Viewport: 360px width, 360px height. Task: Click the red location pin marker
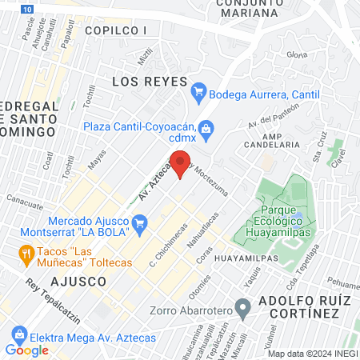[182, 163]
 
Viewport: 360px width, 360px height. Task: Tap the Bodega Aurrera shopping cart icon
[200, 94]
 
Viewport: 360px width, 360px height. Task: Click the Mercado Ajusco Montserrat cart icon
[140, 221]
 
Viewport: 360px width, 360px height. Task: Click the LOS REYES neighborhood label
[149, 82]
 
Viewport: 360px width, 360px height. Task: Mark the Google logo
[27, 350]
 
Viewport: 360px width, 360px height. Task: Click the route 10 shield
[29, 7]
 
